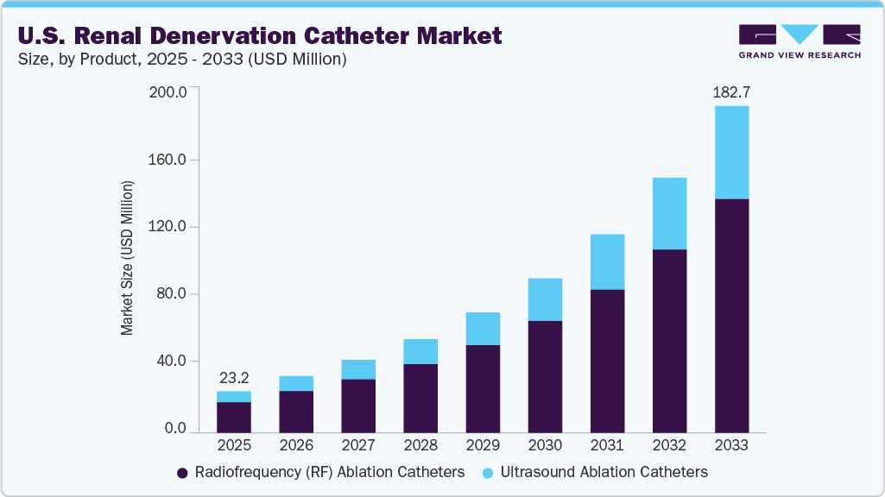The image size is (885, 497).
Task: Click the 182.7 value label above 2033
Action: click(x=731, y=92)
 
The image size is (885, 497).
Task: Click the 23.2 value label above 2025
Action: click(x=234, y=378)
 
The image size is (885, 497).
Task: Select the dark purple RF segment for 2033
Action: click(x=731, y=315)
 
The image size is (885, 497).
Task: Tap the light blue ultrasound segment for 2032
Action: click(x=669, y=213)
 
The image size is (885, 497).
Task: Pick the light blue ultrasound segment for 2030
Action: click(x=545, y=299)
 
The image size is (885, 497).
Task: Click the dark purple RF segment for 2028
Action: click(x=420, y=398)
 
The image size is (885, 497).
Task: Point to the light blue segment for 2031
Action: click(x=607, y=261)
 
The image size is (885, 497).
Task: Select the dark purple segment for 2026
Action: click(x=296, y=411)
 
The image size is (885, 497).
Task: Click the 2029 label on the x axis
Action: click(x=483, y=445)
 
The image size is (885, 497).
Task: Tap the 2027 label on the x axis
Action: click(x=358, y=445)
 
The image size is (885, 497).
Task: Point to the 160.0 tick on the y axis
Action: click(x=168, y=160)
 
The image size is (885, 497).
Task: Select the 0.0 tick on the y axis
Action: click(x=175, y=429)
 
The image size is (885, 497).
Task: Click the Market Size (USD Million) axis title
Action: click(x=128, y=259)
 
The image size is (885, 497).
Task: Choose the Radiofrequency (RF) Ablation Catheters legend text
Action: click(x=330, y=472)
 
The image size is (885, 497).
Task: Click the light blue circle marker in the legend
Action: click(x=488, y=473)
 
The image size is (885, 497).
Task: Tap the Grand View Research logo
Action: click(x=800, y=41)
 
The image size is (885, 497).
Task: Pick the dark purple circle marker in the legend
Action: click(x=182, y=473)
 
